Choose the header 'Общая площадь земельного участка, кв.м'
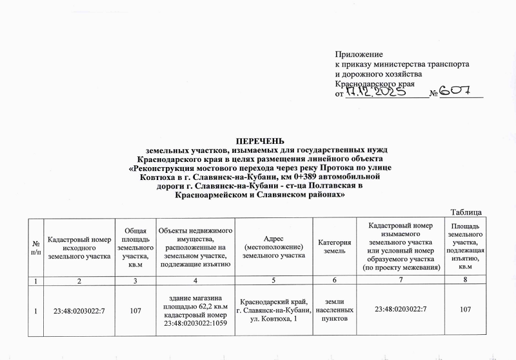pos(135,248)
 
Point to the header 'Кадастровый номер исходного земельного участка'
pos(79,248)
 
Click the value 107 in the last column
pos(469,312)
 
